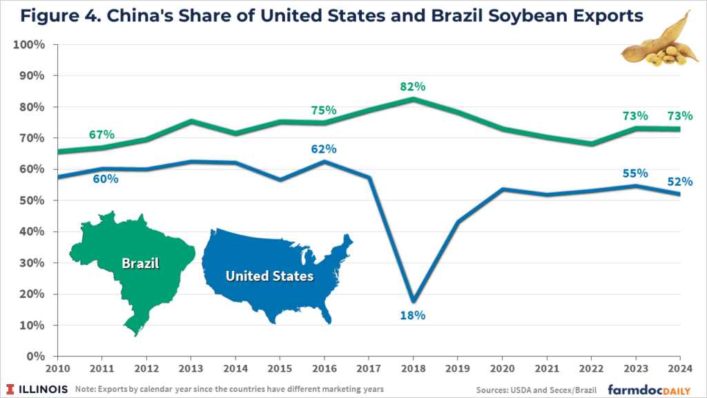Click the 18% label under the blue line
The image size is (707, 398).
pyautogui.click(x=413, y=316)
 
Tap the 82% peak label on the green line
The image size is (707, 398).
pyautogui.click(x=413, y=87)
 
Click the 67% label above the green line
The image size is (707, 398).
pyautogui.click(x=101, y=134)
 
